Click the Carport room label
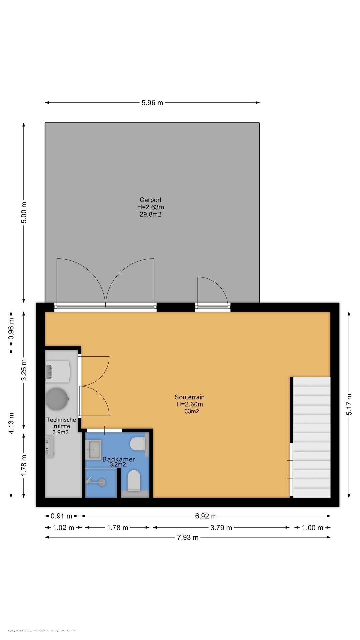[x=150, y=200]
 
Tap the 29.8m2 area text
[x=150, y=214]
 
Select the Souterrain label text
[x=189, y=397]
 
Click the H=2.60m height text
[x=189, y=404]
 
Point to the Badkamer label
[x=119, y=459]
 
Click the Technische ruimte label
[x=61, y=423]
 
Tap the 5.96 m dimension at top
[x=152, y=103]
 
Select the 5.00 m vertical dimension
[x=24, y=212]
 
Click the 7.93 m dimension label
[x=188, y=537]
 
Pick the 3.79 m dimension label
[x=221, y=528]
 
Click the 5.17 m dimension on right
[x=349, y=404]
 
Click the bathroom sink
[x=93, y=449]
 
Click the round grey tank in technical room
[x=57, y=399]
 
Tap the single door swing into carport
[x=212, y=292]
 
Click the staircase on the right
[x=311, y=437]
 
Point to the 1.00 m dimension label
[x=312, y=528]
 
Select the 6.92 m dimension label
[x=206, y=516]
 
